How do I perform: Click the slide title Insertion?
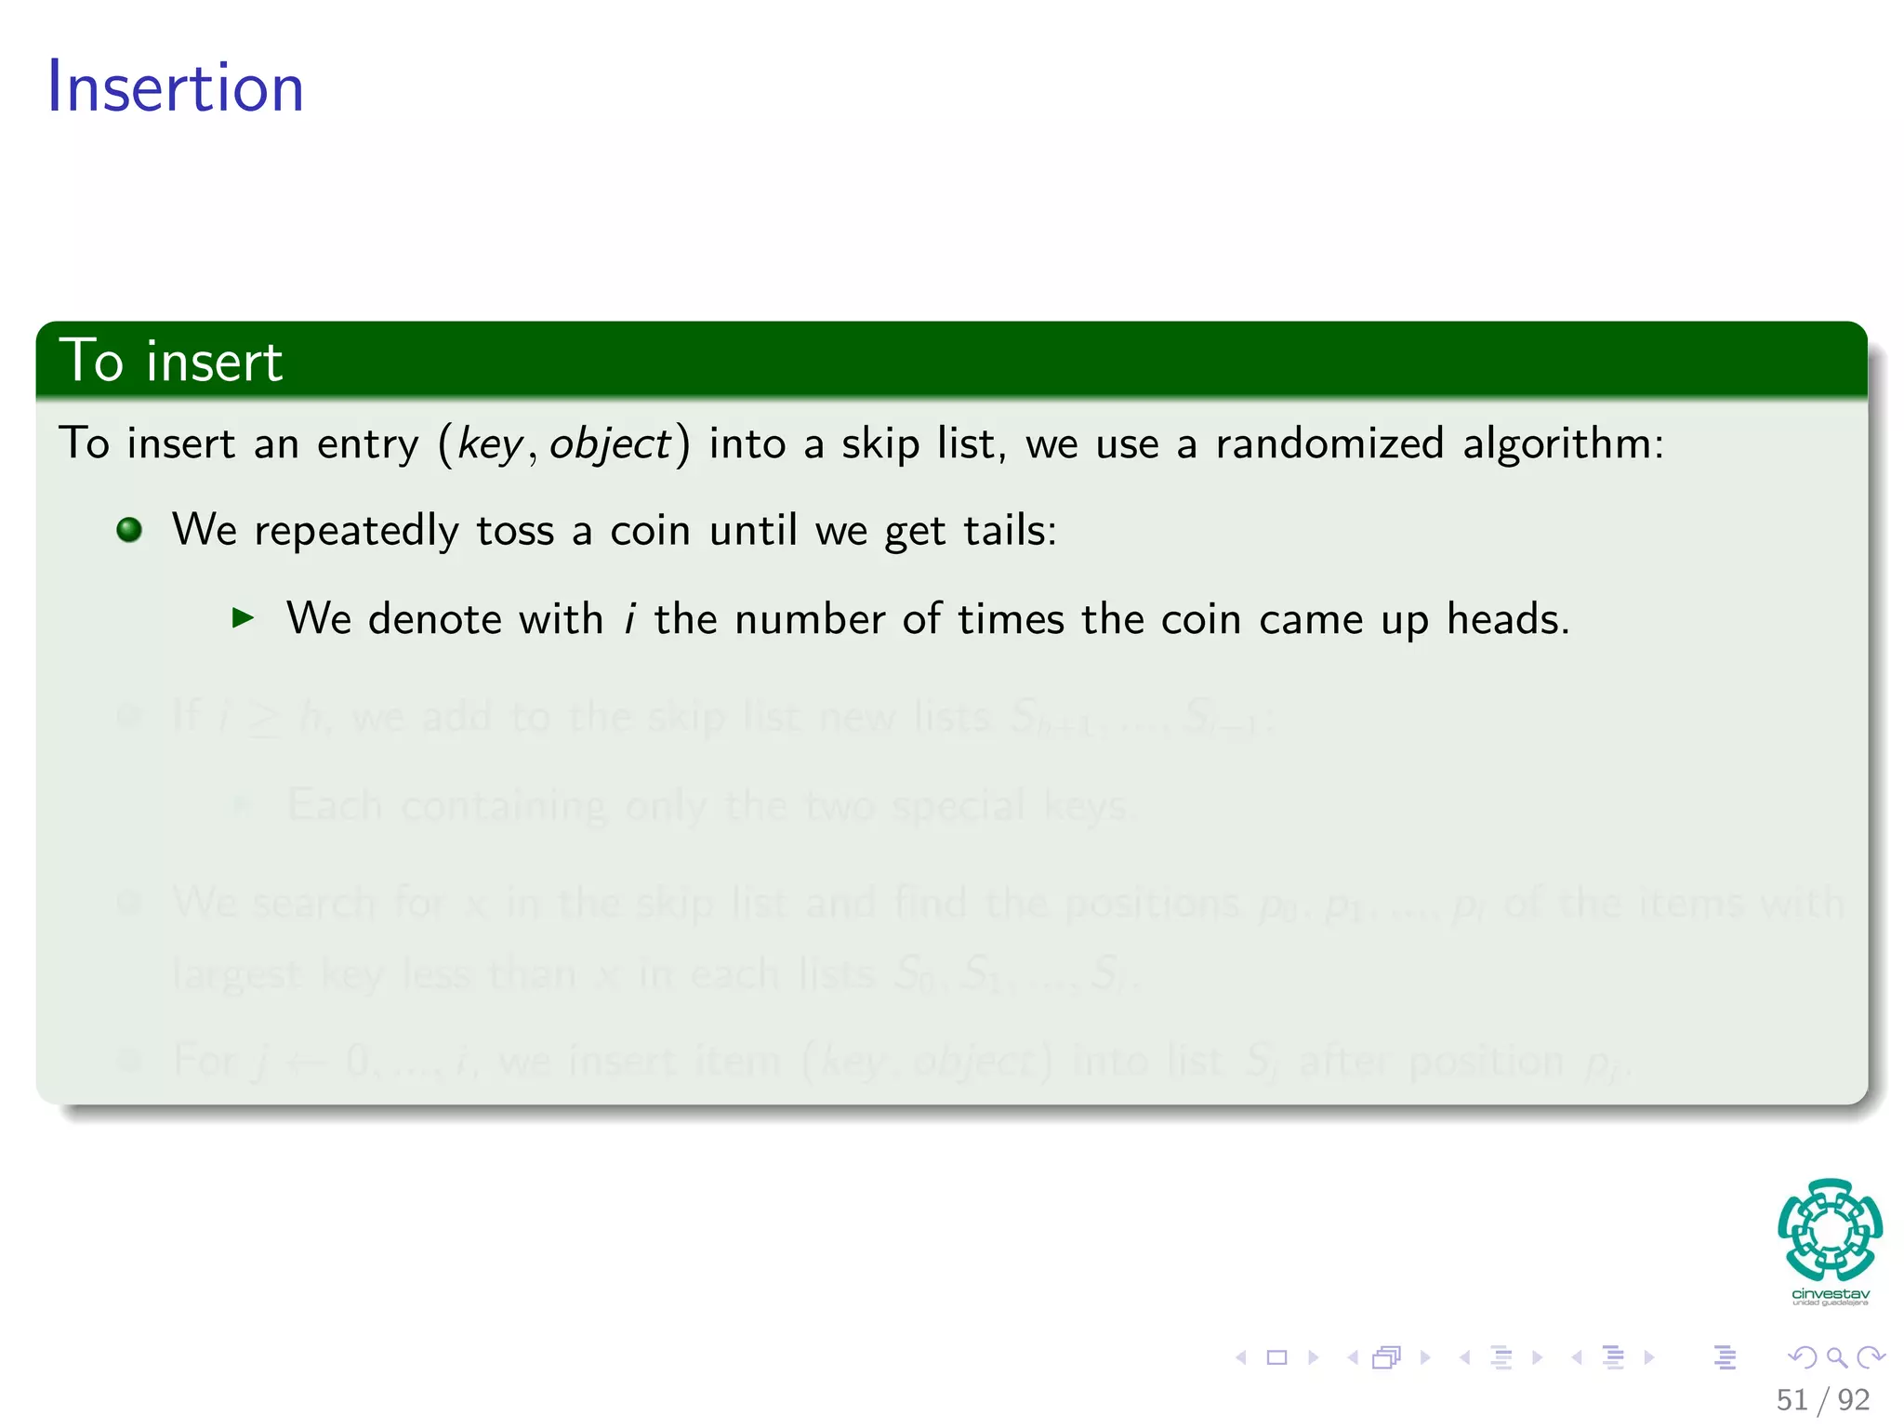[176, 87]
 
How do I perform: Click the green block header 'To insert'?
[171, 361]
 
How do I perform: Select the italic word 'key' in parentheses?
[491, 443]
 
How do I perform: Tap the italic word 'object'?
[610, 443]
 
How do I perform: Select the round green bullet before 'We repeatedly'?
[129, 530]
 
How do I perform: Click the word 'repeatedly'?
[356, 531]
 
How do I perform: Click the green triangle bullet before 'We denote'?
[243, 618]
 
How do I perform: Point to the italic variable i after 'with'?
[629, 618]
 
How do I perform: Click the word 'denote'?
[435, 618]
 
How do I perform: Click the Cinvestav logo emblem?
[1830, 1229]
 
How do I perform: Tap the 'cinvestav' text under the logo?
[1830, 1294]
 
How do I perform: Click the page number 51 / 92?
[1822, 1399]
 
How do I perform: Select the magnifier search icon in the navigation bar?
[1836, 1357]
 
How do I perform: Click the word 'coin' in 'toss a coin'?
[650, 530]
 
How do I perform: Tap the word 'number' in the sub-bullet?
[810, 618]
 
